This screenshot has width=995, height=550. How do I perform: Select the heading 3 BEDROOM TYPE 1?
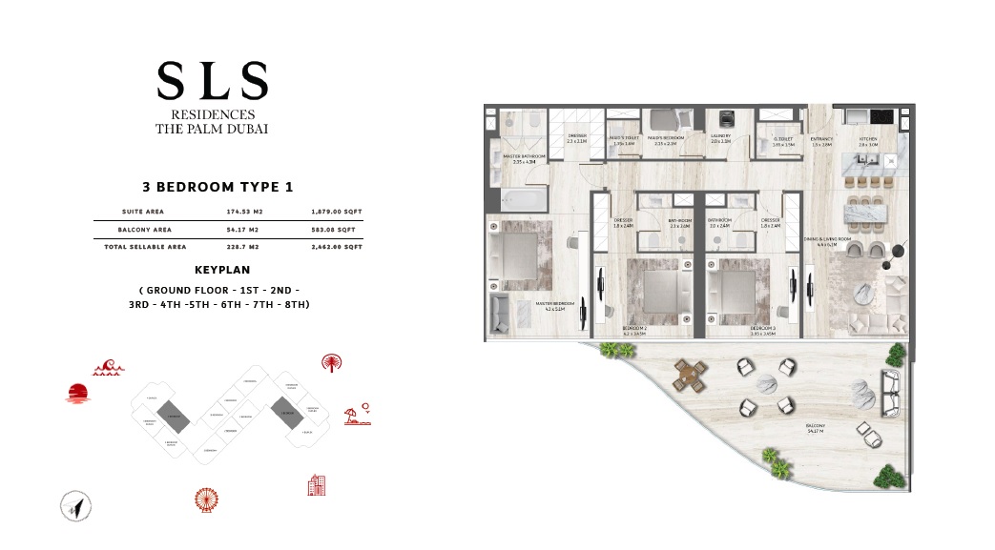point(213,189)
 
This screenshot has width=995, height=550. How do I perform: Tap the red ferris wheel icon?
point(205,499)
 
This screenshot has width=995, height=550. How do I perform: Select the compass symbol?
point(74,506)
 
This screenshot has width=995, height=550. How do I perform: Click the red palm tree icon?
point(332,362)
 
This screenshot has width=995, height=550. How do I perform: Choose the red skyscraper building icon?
point(317,484)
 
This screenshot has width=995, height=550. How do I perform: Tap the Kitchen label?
point(867,140)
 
